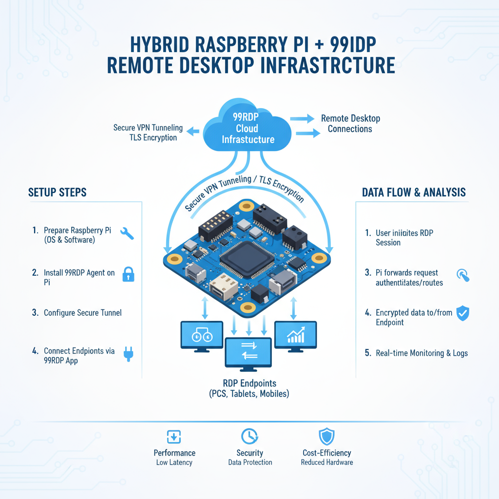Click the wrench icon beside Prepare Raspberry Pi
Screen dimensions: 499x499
tap(127, 233)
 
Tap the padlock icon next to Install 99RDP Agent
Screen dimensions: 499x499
tap(128, 274)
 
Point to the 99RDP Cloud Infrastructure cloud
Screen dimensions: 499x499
tap(248, 128)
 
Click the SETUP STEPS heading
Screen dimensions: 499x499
tap(58, 192)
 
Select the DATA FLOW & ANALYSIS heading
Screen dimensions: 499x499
tap(414, 192)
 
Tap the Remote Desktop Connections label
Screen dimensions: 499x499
tap(350, 124)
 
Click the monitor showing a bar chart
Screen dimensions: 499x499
tap(296, 335)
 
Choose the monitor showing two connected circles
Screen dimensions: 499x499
tap(202, 335)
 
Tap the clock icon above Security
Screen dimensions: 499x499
tap(249, 435)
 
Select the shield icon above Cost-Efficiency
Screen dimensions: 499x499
tap(326, 435)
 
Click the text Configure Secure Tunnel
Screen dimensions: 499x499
tap(83, 313)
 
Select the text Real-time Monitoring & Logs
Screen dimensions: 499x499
tap(422, 353)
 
